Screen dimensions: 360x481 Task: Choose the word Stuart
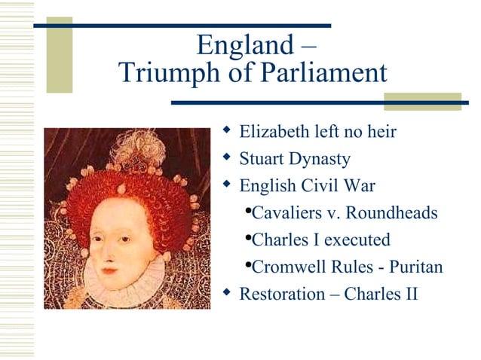262,160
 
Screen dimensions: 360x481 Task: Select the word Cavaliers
286,213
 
